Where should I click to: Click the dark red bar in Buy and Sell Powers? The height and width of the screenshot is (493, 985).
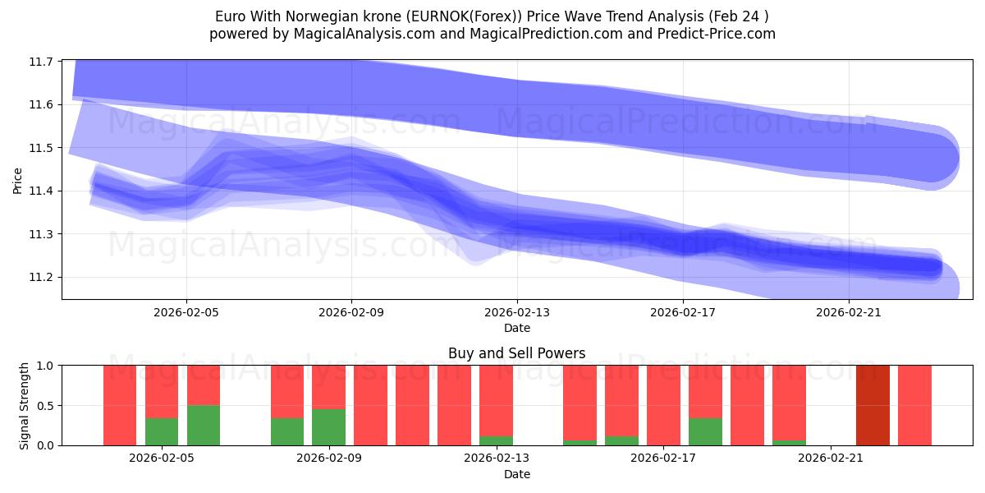(873, 405)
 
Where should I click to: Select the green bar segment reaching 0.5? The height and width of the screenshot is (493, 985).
(204, 425)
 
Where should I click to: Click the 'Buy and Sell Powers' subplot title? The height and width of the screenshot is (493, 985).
(516, 353)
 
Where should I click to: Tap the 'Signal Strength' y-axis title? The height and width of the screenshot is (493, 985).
(25, 405)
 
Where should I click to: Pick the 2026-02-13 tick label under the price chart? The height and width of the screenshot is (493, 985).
(517, 312)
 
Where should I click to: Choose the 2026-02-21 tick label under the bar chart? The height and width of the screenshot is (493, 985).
(831, 458)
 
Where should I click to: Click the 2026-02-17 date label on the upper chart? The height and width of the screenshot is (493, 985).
(683, 312)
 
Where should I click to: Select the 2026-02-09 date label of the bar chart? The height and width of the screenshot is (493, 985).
(329, 458)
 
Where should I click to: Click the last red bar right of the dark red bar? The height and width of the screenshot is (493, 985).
(914, 405)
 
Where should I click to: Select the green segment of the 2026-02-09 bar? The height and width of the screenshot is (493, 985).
(329, 426)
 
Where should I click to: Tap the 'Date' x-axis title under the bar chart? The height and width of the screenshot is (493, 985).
(516, 474)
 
